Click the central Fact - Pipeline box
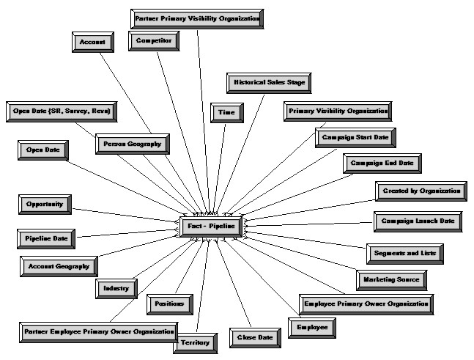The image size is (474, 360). pos(209,227)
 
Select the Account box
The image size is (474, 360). pos(92,43)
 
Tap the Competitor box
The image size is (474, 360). pos(154,41)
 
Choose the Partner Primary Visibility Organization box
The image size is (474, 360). pos(197,18)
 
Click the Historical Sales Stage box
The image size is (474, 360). pos(268,83)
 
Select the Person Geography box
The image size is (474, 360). pos(132,144)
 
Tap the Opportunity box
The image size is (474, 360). pos(45,204)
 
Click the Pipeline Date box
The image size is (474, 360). pos(45,239)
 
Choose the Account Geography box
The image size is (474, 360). pos(59,267)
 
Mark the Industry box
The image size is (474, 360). pos(116,289)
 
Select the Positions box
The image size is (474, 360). pos(170,303)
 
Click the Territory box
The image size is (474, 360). pos(196,342)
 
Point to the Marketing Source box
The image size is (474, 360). pos(391,280)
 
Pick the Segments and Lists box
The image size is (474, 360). pos(404,253)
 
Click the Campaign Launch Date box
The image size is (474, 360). pos(418,221)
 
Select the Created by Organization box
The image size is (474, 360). pos(421,191)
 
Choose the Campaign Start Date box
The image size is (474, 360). pos(356,137)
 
